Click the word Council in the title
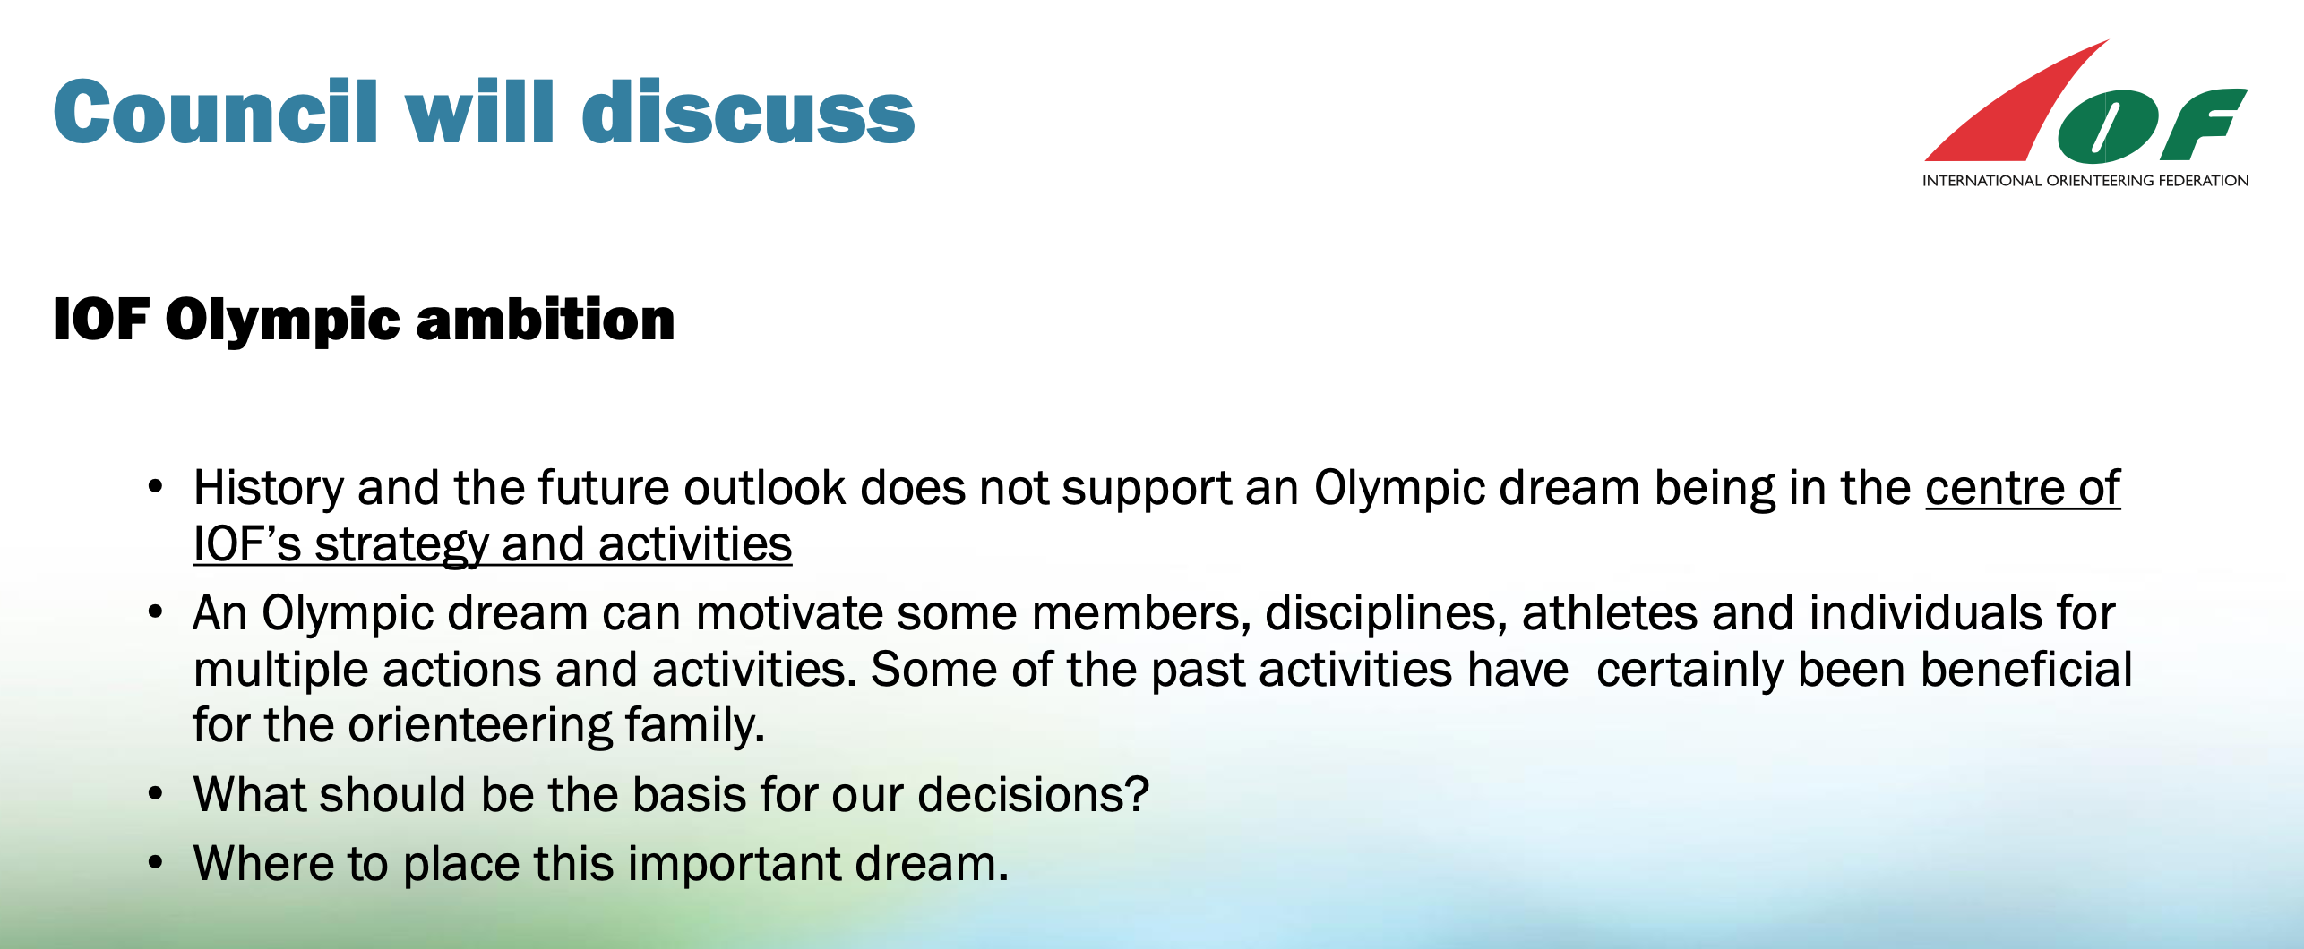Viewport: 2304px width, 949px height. (216, 112)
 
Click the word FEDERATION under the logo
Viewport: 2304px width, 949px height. (2203, 181)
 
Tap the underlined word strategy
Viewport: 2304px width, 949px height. (400, 545)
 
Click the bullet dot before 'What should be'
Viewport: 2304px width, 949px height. (156, 793)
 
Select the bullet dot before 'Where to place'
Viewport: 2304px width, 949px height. (156, 862)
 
